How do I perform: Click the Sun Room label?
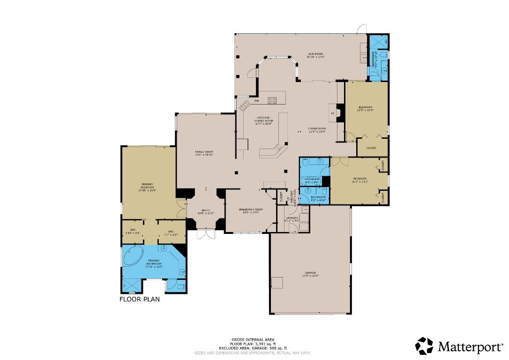315,55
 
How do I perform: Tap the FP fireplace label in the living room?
333,113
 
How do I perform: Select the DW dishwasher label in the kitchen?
256,101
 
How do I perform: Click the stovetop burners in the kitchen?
272,99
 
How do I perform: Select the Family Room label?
204,153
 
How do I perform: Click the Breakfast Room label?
251,210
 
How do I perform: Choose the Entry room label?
206,212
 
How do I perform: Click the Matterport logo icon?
424,346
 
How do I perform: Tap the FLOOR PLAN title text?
139,299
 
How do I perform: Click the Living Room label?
317,130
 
